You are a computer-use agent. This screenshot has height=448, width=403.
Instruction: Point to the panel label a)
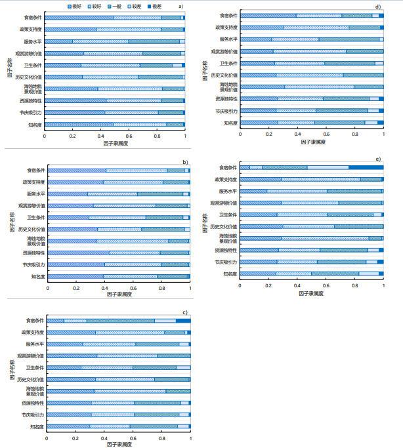[181, 6]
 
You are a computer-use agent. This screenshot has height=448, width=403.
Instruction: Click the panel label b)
[185, 161]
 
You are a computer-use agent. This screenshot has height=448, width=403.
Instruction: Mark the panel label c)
[185, 312]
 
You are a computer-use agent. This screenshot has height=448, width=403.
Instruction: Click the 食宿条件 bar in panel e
[311, 167]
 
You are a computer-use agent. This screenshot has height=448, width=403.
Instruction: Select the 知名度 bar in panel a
[115, 124]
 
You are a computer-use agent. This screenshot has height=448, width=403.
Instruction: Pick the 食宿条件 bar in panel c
[119, 321]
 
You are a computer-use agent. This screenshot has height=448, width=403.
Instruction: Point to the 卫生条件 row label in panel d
[228, 63]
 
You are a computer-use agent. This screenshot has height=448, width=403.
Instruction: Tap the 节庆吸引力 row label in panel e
[226, 262]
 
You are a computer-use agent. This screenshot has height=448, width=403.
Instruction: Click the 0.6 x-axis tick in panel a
[129, 135]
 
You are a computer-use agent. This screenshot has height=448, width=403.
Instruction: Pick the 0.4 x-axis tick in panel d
[298, 135]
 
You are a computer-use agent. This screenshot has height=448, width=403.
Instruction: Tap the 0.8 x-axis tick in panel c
[161, 438]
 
